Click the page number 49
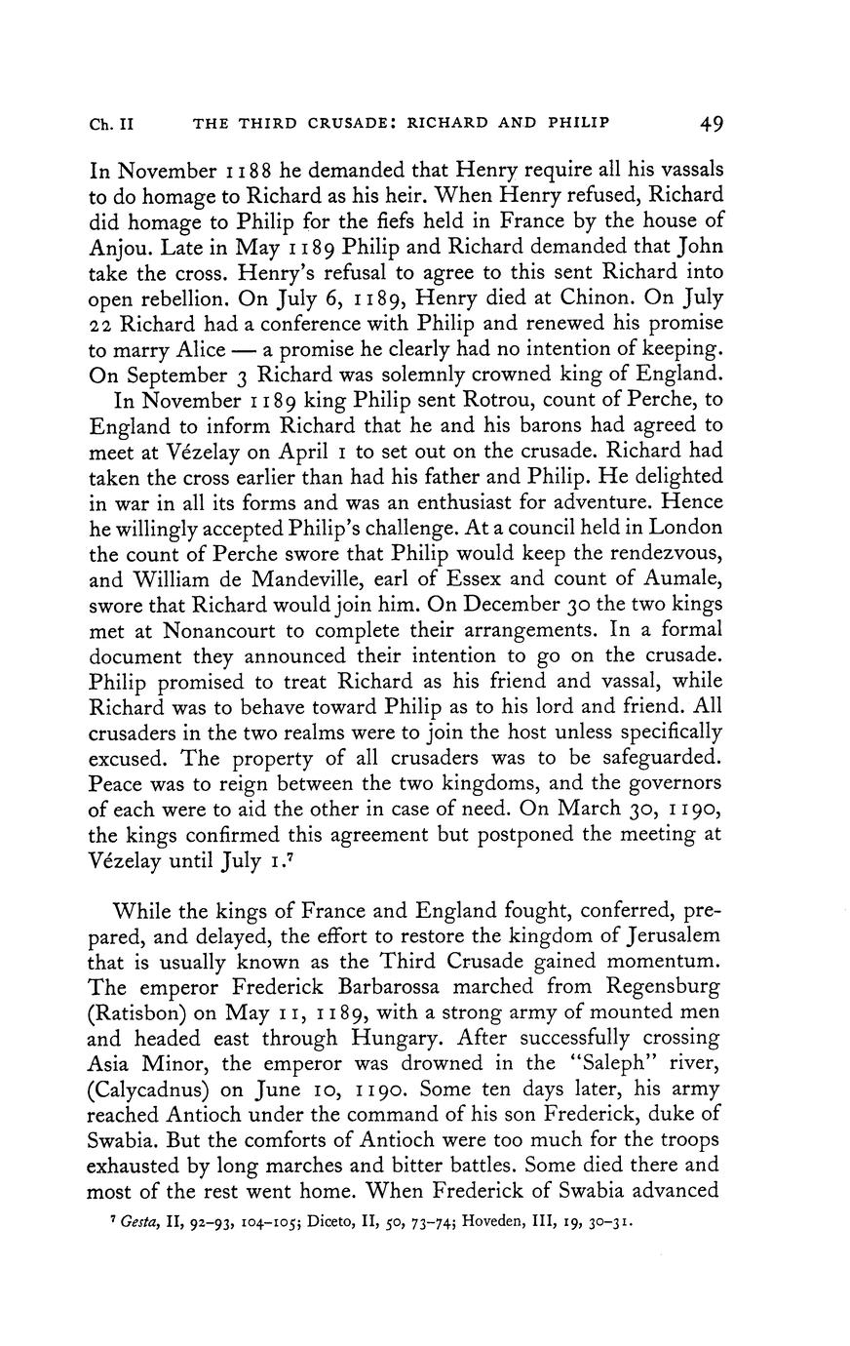tap(711, 124)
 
